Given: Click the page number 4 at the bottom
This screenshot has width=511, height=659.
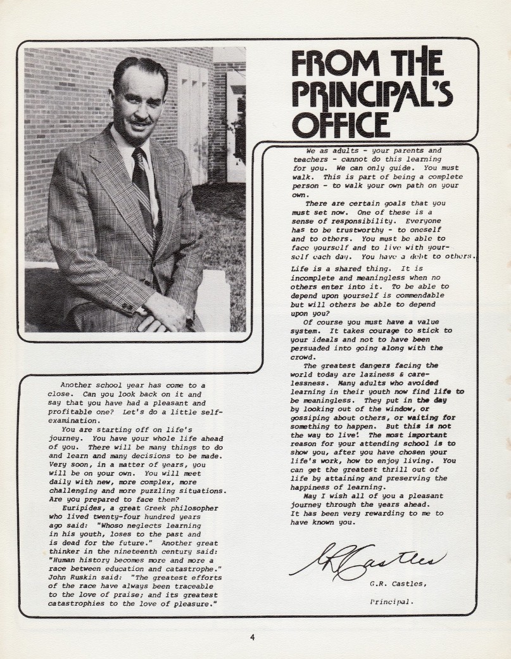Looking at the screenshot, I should [x=252, y=637].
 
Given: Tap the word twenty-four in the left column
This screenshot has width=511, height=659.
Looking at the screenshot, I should [x=112, y=516].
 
